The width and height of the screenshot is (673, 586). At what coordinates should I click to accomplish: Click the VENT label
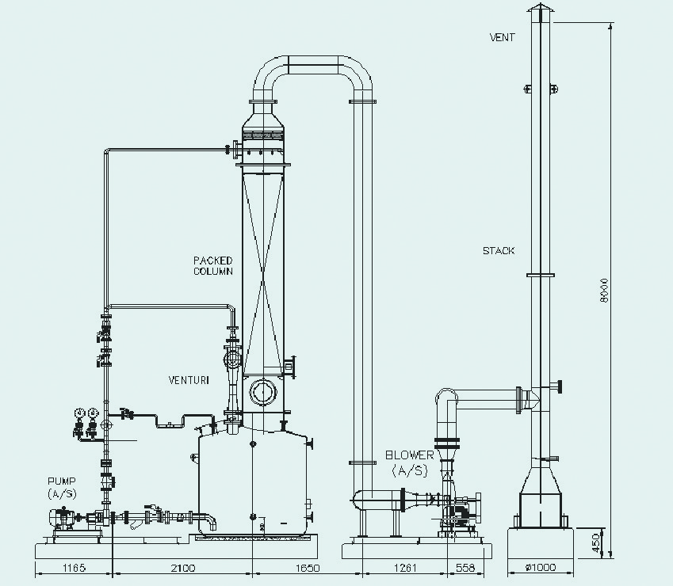502,37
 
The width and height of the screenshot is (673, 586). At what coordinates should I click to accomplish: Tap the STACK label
499,251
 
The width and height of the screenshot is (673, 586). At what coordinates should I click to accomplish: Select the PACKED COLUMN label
213,266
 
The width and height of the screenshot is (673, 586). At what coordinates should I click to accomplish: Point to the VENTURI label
189,380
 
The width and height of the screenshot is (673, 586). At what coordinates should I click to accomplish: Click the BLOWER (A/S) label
410,463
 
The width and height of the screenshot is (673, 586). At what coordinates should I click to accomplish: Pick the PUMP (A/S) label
62,488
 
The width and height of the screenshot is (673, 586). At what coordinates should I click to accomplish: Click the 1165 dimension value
74,568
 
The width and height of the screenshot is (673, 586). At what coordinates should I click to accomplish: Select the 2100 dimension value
183,568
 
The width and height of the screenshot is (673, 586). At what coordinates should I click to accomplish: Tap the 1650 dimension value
308,568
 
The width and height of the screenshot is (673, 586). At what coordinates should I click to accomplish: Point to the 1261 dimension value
405,568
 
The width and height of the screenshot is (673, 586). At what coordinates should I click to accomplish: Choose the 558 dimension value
465,568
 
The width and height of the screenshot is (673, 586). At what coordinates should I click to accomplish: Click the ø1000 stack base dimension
541,568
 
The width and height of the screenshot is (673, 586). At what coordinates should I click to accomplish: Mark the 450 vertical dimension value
596,543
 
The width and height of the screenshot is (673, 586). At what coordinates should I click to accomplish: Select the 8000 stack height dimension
604,290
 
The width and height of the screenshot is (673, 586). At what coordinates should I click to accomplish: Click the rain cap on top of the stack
541,13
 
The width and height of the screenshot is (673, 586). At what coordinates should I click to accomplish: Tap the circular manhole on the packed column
262,391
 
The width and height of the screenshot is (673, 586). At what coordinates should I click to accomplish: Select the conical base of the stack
541,480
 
